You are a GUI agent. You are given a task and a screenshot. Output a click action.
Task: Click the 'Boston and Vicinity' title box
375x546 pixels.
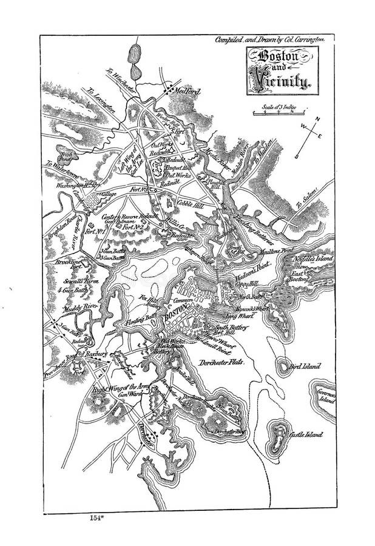(282, 71)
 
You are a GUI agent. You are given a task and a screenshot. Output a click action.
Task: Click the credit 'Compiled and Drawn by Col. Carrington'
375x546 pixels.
(271, 39)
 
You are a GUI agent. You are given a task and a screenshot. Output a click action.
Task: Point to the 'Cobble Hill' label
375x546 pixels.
(189, 205)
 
